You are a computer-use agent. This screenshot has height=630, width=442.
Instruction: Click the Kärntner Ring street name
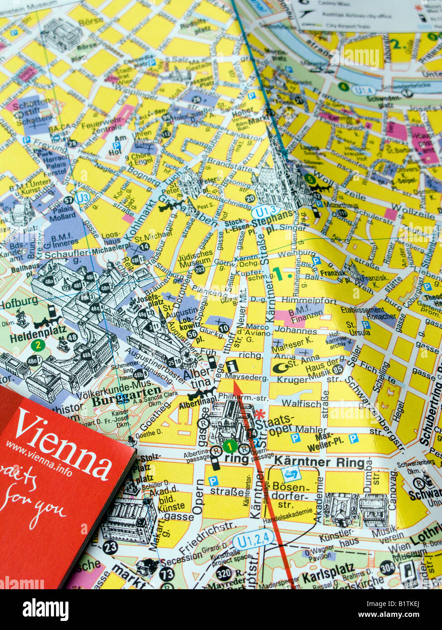[320, 463]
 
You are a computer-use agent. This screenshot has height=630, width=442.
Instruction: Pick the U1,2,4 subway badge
[253, 540]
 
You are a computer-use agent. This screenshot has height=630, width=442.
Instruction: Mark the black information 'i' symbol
[233, 365]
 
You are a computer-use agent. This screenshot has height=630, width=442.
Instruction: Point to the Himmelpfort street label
[309, 300]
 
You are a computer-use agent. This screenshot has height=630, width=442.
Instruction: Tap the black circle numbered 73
[167, 574]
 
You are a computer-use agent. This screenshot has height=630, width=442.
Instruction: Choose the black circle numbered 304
[387, 567]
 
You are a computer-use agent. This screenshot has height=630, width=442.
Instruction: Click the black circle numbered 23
[110, 547]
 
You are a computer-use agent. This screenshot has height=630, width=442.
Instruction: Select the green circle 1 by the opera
[230, 447]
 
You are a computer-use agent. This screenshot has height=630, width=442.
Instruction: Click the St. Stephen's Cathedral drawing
[281, 181]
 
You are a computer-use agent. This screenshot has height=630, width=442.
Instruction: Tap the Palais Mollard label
[63, 212]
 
